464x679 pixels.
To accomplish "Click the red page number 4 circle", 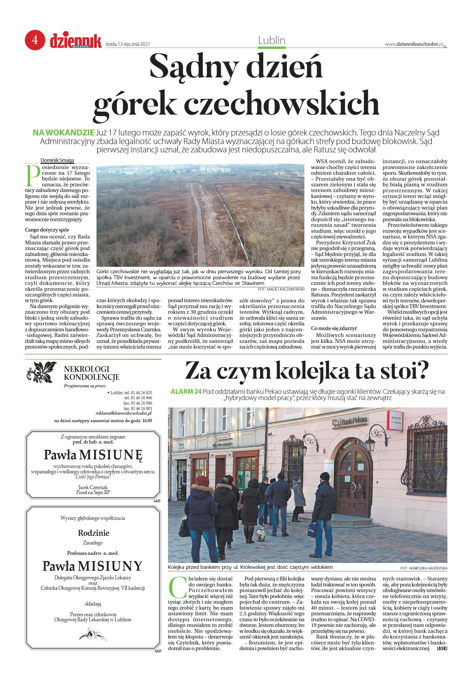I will (35, 40).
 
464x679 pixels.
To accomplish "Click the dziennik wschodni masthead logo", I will (76, 41).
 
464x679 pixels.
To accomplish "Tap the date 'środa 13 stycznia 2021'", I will (128, 44).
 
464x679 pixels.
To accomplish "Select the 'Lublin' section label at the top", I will (272, 40).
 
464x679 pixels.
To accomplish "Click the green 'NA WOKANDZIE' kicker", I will (63, 132).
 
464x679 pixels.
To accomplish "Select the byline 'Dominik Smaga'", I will (57, 160).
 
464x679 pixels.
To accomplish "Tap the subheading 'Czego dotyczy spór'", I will (47, 230).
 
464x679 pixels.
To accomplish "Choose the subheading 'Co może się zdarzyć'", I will (334, 328).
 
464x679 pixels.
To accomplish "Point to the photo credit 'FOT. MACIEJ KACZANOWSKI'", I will (281, 289).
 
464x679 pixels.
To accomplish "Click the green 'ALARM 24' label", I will (186, 391).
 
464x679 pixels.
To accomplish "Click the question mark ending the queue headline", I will (422, 370).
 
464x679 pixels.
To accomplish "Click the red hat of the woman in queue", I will (203, 480).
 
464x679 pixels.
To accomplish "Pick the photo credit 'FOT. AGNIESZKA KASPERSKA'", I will (424, 568).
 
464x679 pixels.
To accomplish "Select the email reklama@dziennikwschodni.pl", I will (124, 413).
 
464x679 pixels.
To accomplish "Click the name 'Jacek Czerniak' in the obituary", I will (93, 487).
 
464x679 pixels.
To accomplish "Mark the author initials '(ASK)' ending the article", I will (442, 648).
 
